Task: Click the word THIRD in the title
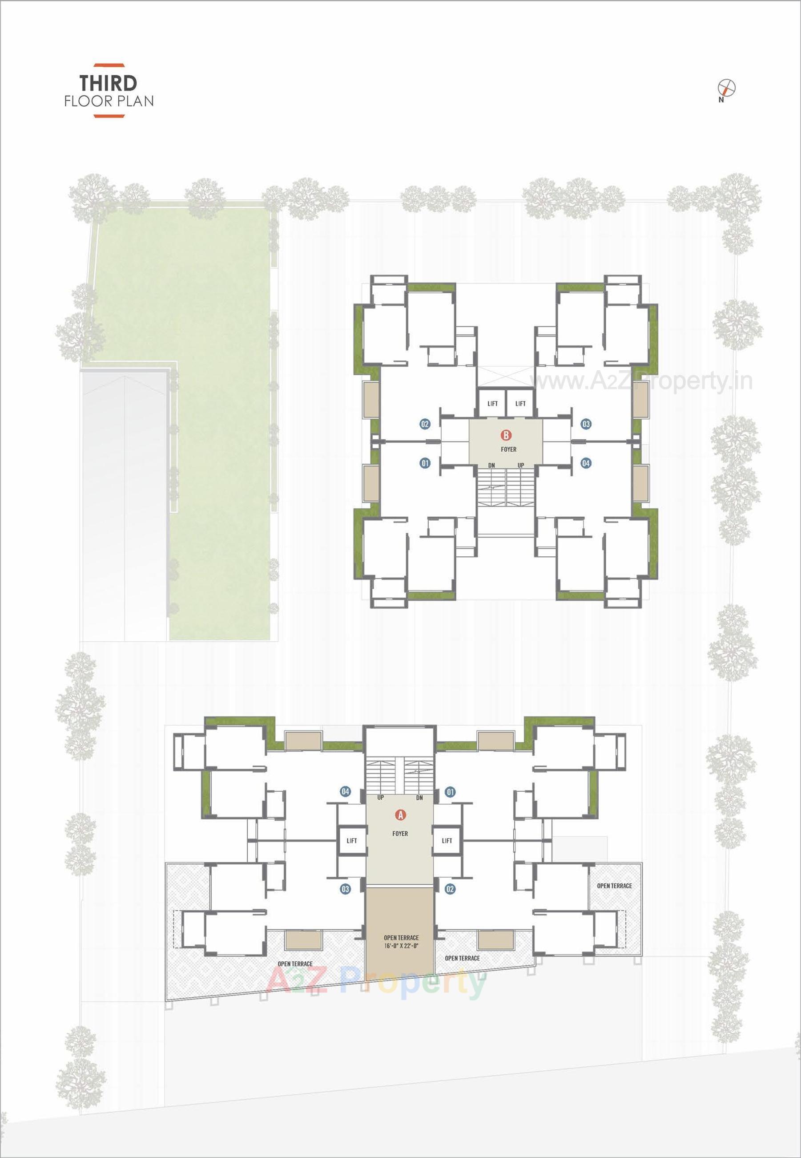[109, 82]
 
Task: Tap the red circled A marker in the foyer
[400, 814]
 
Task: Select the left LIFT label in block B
[492, 404]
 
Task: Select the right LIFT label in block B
[520, 404]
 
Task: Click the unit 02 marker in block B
[425, 424]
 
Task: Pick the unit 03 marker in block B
[586, 424]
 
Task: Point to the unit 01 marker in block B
[425, 463]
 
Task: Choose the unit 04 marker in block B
[586, 463]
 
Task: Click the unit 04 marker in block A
[345, 792]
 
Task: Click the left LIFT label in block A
[352, 841]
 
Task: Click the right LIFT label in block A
[447, 841]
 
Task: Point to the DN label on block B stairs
[491, 466]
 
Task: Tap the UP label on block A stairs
[380, 798]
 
